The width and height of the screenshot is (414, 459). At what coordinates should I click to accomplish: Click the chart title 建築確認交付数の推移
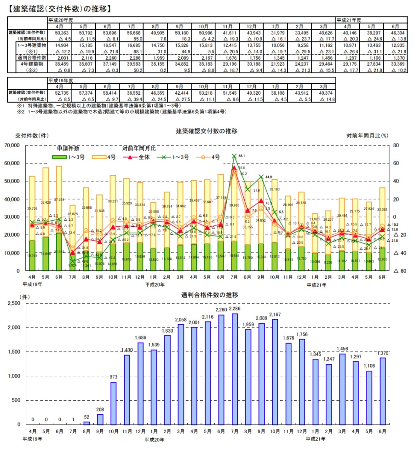(207, 132)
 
